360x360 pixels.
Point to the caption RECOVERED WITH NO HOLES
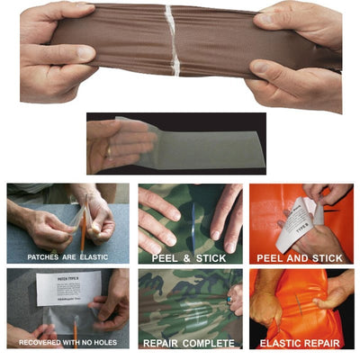click(65, 343)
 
